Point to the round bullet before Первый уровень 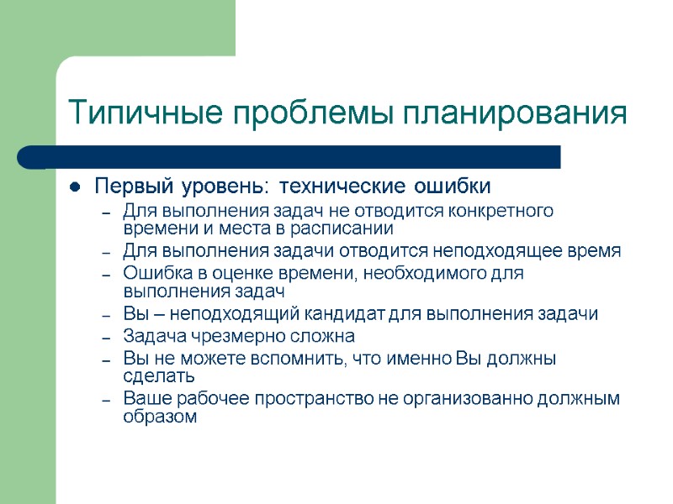75,186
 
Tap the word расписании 345,228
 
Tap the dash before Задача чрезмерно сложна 106,336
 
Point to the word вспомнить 269,359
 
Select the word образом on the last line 159,416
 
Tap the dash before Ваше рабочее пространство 106,398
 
